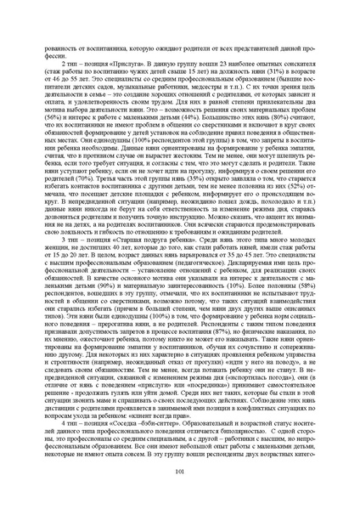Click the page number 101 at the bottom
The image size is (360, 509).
180,471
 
